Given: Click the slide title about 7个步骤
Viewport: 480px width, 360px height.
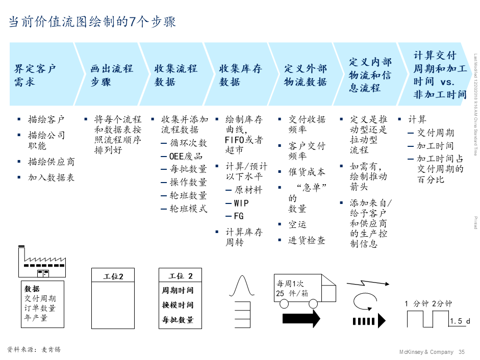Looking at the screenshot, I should click(x=92, y=22).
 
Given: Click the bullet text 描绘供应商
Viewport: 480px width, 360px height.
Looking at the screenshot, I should click(x=51, y=162).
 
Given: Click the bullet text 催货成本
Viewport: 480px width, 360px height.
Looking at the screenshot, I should click(x=307, y=172).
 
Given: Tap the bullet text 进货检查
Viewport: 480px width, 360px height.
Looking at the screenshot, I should click(x=307, y=240).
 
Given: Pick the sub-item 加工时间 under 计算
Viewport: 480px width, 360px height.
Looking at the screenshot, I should click(x=435, y=146).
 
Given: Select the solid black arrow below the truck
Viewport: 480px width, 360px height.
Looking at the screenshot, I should click(x=301, y=319).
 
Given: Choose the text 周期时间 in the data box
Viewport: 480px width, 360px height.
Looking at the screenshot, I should click(x=178, y=290).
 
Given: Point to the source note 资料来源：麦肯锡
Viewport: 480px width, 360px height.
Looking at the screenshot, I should click(x=34, y=349).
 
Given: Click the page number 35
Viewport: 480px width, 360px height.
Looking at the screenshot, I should click(x=462, y=352).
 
